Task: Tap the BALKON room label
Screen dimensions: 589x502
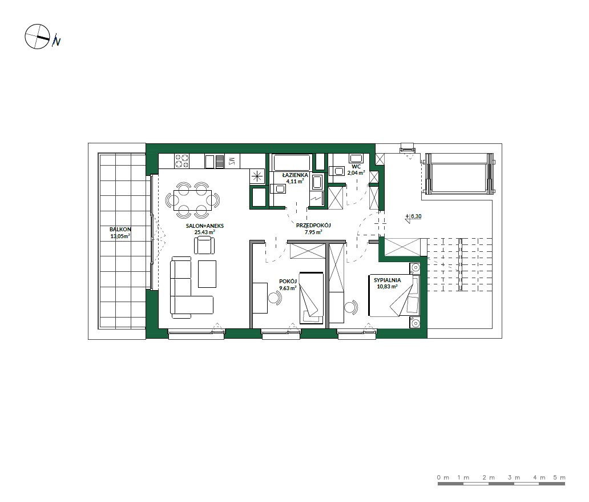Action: (x=120, y=229)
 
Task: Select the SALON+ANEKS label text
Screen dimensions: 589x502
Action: (x=205, y=226)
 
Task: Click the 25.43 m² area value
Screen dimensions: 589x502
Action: (x=205, y=232)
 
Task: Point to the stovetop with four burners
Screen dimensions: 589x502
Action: (x=182, y=161)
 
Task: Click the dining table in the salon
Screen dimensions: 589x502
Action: (x=193, y=200)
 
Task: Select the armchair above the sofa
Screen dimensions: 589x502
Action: (x=205, y=246)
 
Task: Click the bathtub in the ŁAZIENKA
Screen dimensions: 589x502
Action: (x=292, y=162)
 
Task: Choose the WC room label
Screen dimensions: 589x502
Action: (x=356, y=166)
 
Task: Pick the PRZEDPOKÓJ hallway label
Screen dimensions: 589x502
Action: (x=313, y=226)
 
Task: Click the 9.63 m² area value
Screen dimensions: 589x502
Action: (x=288, y=288)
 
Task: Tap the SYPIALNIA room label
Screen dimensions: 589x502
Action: (x=388, y=280)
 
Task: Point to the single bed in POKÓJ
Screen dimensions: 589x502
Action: (x=312, y=298)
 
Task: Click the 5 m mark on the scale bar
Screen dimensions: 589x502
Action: (x=559, y=477)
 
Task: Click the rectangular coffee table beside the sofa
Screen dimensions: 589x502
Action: (x=207, y=274)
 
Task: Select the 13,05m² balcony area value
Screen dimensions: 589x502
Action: (x=120, y=236)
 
